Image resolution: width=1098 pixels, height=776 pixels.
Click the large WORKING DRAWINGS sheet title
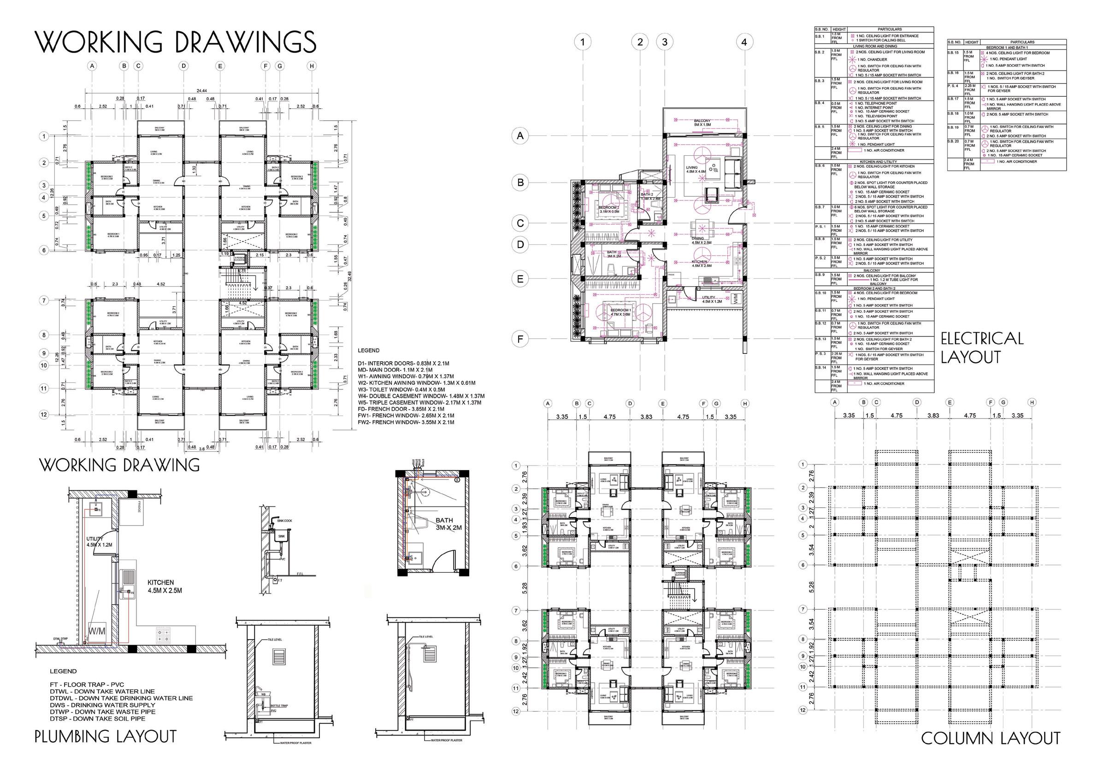click(x=176, y=42)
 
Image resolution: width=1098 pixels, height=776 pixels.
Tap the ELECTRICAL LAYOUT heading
click(x=981, y=347)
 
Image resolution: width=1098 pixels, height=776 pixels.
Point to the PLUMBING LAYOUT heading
click(x=106, y=736)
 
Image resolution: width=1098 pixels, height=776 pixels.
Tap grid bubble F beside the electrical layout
click(x=520, y=339)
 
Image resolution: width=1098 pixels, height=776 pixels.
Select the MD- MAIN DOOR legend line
click(x=396, y=370)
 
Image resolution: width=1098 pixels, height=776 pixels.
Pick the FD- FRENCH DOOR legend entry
click(x=401, y=409)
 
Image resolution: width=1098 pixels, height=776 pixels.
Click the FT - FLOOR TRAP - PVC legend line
click(x=87, y=685)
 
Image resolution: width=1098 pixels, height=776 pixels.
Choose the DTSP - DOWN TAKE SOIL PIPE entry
click(x=97, y=718)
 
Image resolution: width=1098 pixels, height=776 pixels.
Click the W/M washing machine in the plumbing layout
click(x=97, y=632)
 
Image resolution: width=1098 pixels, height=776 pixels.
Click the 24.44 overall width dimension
click(x=201, y=91)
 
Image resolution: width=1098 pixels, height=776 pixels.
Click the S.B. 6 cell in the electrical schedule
click(x=820, y=165)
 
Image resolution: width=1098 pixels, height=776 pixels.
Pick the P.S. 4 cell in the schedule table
click(x=953, y=86)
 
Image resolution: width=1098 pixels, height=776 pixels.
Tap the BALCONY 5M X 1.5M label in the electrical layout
click(x=702, y=123)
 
